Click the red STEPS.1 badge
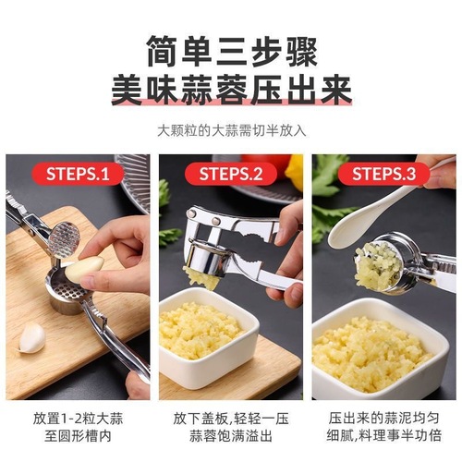[x=79, y=173]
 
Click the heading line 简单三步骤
[x=230, y=49]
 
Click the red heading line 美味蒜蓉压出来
[x=230, y=90]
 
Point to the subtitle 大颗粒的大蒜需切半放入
[x=230, y=130]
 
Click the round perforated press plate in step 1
[x=64, y=238]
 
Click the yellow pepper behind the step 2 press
[x=294, y=172]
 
